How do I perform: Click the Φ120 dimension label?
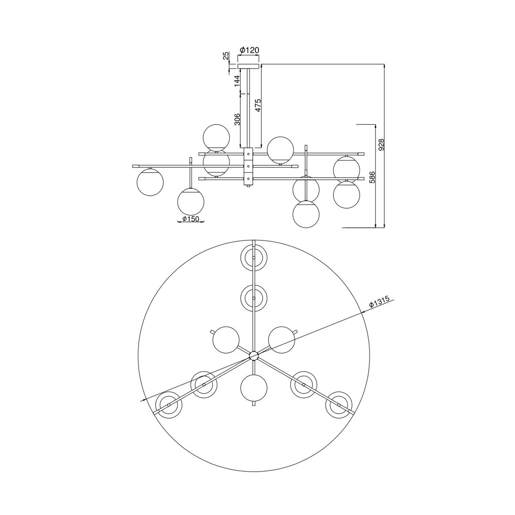(x=249, y=50)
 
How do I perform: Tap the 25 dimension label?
(x=226, y=56)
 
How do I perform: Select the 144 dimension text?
(x=237, y=81)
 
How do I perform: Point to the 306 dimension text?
(x=237, y=119)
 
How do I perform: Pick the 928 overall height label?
(x=382, y=145)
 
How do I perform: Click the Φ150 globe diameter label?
(x=191, y=219)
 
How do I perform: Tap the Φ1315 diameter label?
(x=379, y=302)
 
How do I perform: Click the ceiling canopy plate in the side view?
(x=248, y=66)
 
